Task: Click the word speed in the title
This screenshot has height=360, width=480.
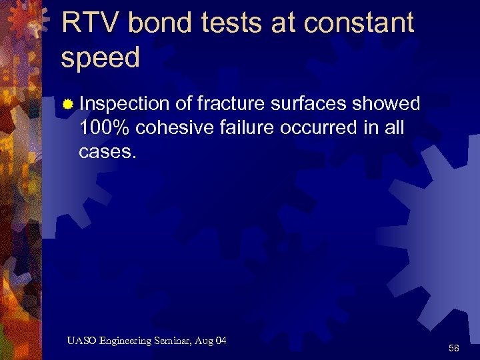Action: coord(101,59)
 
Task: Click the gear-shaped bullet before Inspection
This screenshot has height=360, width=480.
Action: coord(67,105)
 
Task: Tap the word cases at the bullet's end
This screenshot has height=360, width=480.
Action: coord(106,151)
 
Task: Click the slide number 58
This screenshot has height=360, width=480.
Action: coord(453,348)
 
